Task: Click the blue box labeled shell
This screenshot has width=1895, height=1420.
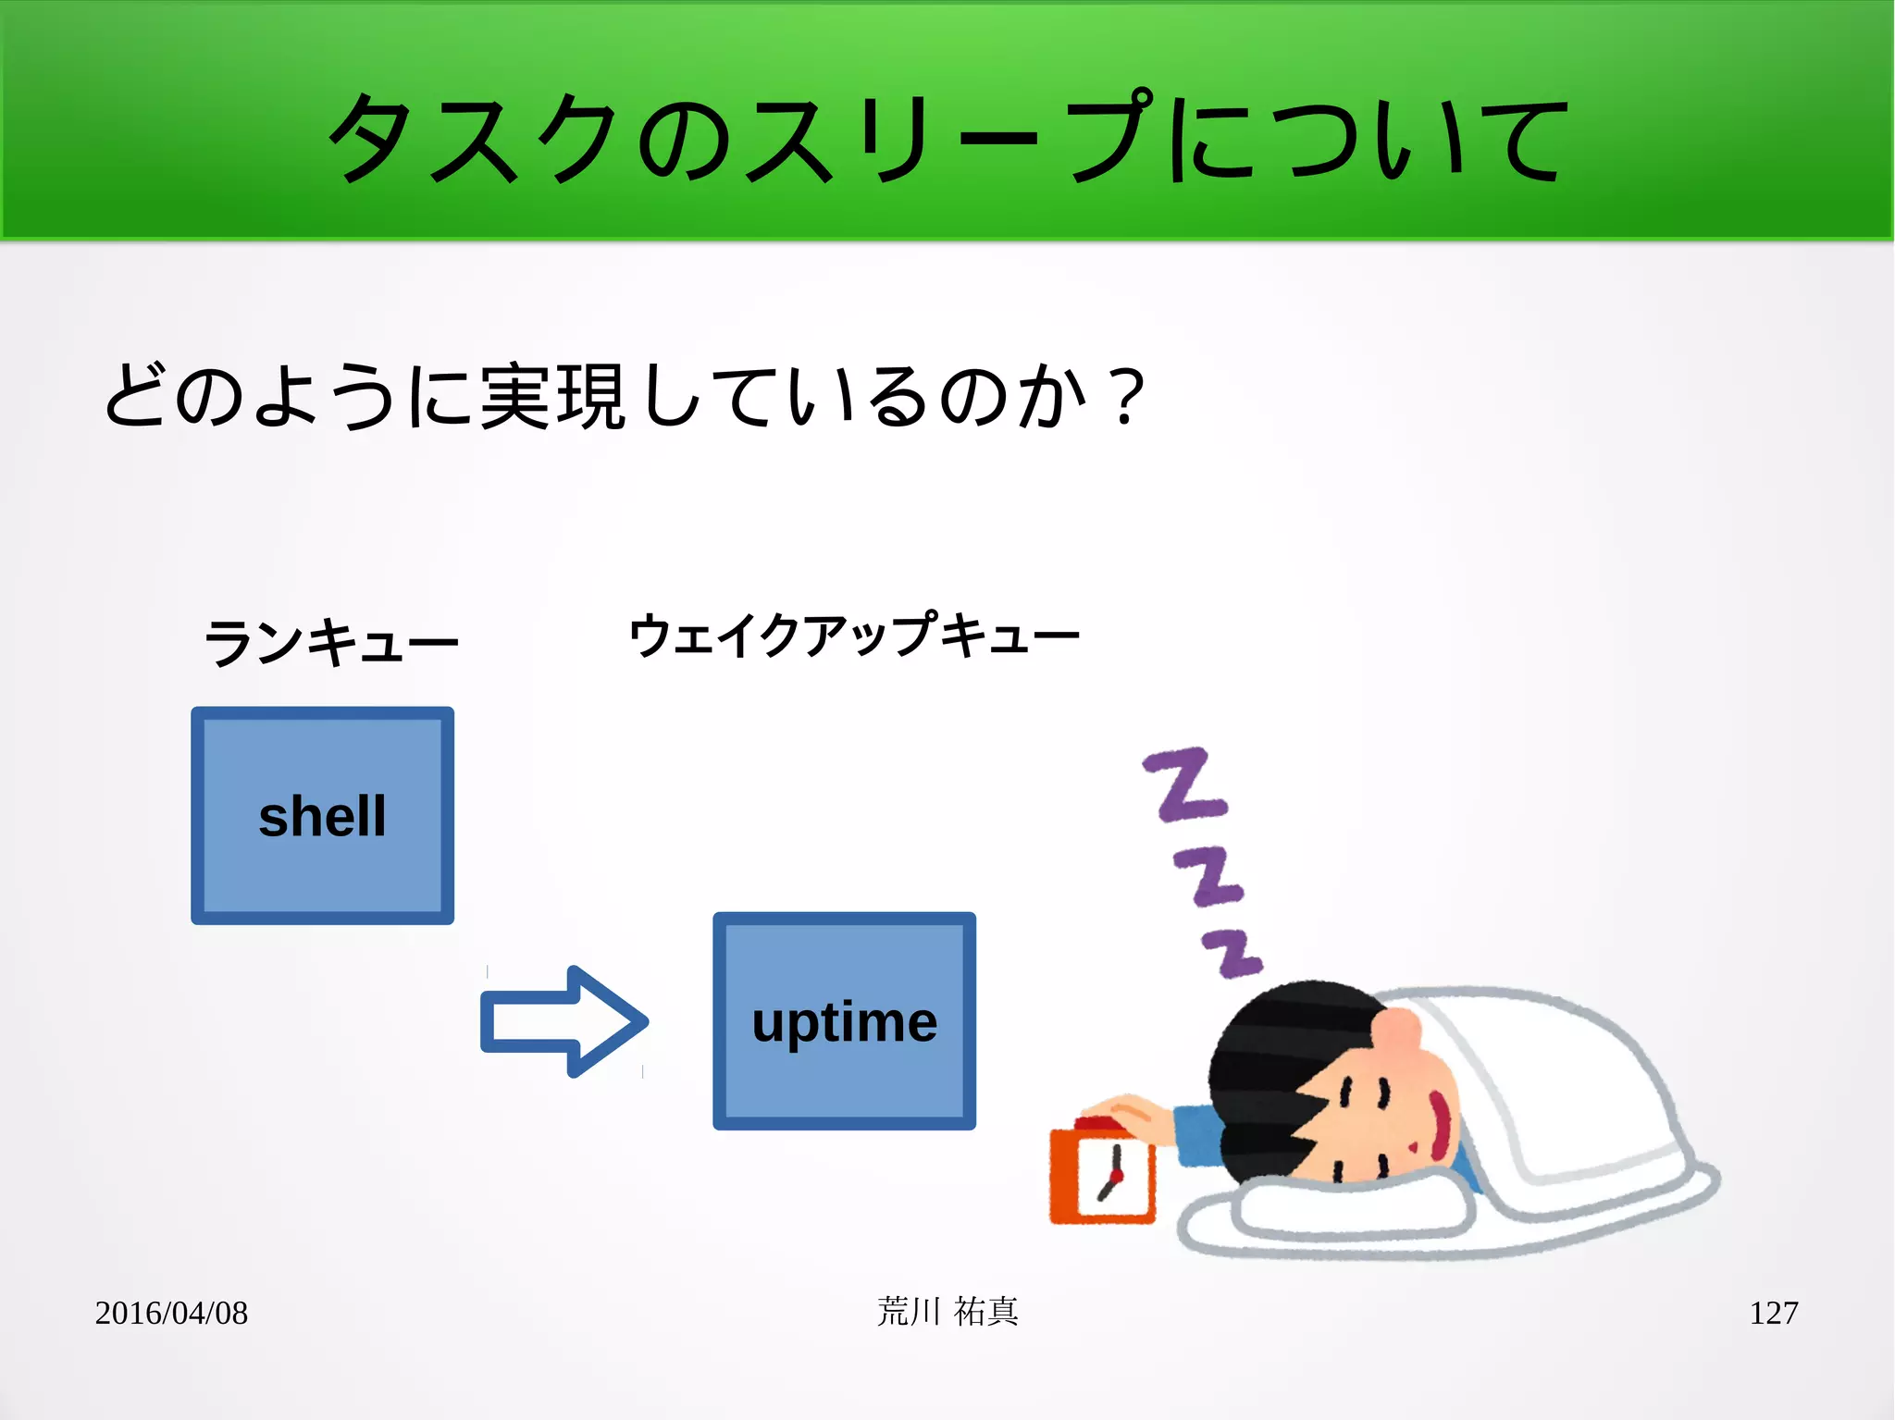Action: tap(322, 815)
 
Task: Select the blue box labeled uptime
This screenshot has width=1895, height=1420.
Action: tap(844, 1020)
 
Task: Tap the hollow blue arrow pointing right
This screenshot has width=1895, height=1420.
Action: tap(563, 1021)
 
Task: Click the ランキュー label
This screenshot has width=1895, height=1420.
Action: tap(330, 641)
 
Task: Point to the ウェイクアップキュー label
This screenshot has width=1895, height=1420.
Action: tap(853, 636)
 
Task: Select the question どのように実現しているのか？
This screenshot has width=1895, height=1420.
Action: tap(625, 396)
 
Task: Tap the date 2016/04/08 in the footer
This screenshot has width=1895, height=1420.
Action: tap(171, 1313)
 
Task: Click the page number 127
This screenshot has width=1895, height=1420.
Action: tap(1773, 1313)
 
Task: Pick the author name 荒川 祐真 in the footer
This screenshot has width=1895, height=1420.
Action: tap(947, 1312)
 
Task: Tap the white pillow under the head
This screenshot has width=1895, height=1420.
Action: tap(1351, 1207)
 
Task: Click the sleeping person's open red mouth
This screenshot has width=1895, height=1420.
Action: tap(1440, 1124)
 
